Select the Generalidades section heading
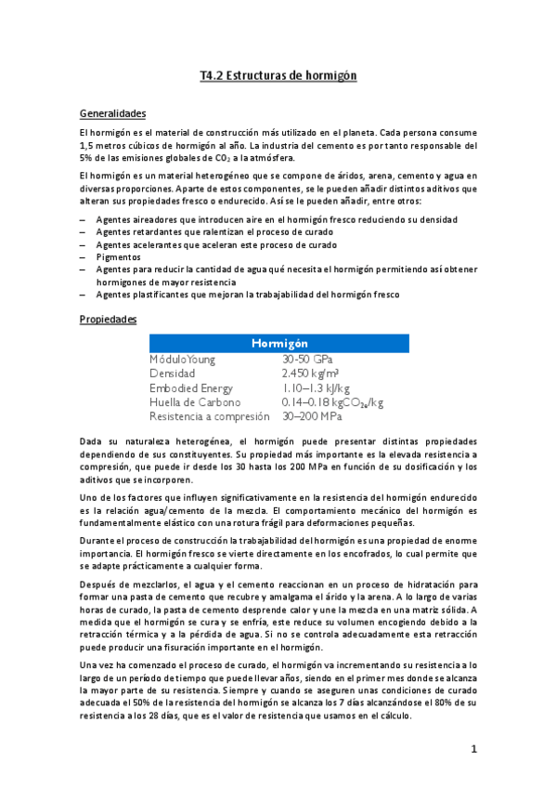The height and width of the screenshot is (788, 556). [x=113, y=113]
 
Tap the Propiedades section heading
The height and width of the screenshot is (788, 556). [x=109, y=319]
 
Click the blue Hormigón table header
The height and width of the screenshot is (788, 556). [x=279, y=344]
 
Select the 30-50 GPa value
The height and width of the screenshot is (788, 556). [x=308, y=359]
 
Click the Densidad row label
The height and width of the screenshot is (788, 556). [x=173, y=373]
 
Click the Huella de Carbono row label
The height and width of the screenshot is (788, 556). [x=195, y=402]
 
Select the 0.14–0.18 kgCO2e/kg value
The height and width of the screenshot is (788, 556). [x=332, y=402]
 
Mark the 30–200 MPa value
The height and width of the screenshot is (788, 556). [x=313, y=416]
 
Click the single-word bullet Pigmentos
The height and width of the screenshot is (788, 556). [x=118, y=256]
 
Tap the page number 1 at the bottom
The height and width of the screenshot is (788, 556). [x=473, y=748]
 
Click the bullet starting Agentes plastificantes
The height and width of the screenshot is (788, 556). [x=247, y=294]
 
